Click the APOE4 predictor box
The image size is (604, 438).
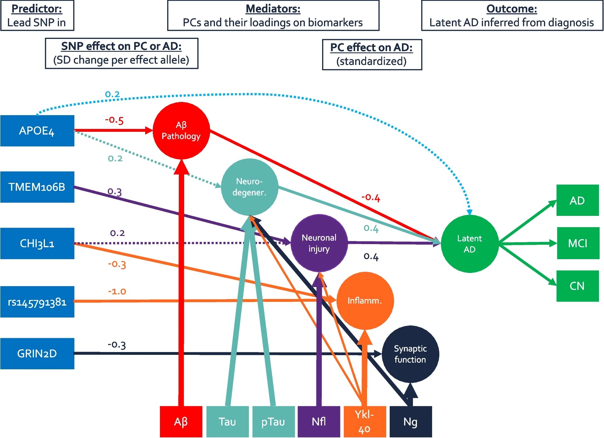pyautogui.click(x=37, y=131)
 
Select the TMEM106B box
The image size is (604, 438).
pyautogui.click(x=37, y=187)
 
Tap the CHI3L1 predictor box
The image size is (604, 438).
pyautogui.click(x=37, y=243)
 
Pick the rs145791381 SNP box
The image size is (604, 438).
pyautogui.click(x=37, y=302)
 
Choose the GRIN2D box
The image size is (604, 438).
pyautogui.click(x=37, y=354)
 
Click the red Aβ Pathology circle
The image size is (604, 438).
pyautogui.click(x=181, y=131)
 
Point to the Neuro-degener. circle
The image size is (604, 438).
pyautogui.click(x=250, y=187)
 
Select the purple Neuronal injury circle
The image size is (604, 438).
pyautogui.click(x=319, y=243)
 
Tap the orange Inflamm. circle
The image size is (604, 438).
pyautogui.click(x=365, y=301)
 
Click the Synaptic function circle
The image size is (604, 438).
pyautogui.click(x=410, y=354)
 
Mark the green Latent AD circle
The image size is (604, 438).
pyautogui.click(x=469, y=244)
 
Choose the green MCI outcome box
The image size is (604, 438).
pyautogui.click(x=578, y=243)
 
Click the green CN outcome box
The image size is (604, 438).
pyautogui.click(x=577, y=286)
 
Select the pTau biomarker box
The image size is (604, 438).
pyautogui.click(x=273, y=422)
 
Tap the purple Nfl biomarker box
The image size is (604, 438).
pyautogui.click(x=319, y=422)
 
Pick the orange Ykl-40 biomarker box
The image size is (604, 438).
pyautogui.click(x=365, y=422)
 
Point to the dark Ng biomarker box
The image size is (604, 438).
pyautogui.click(x=410, y=422)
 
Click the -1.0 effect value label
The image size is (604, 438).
pyautogui.click(x=117, y=291)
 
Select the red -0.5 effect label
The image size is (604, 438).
pyautogui.click(x=114, y=120)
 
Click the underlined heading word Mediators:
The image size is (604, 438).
pyautogui.click(x=273, y=9)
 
